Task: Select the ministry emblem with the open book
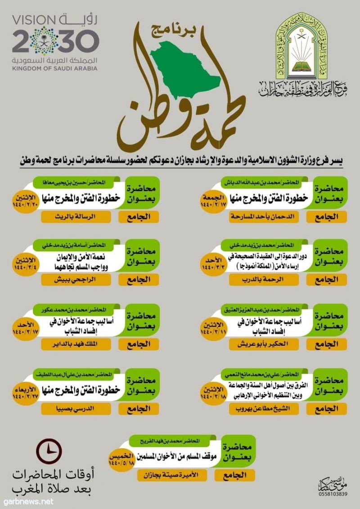coord(306,49)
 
